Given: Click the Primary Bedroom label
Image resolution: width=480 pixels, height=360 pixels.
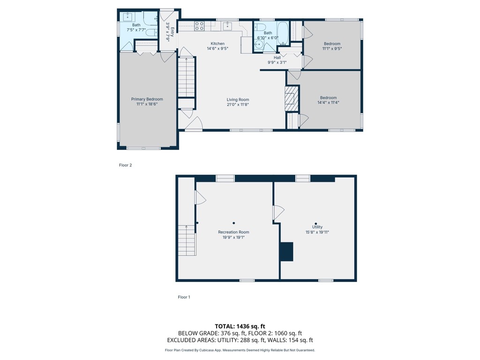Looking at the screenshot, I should (x=147, y=99).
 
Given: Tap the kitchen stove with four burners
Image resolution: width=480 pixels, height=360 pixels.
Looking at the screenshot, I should (x=199, y=26).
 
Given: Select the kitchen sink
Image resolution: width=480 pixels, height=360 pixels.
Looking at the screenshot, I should (x=228, y=25).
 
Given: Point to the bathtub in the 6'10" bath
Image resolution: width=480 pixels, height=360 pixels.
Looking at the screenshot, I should (x=283, y=31).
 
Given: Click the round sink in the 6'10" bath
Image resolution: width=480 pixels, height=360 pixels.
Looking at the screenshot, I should (x=259, y=45).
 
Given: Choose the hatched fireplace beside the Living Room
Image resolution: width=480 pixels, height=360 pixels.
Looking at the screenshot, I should (x=292, y=98).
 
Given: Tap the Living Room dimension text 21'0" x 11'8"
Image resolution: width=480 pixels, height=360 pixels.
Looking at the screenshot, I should (x=238, y=105).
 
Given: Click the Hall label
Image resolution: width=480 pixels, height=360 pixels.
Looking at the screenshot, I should (x=277, y=57).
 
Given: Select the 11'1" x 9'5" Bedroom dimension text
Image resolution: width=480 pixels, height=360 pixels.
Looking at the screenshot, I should (x=332, y=48).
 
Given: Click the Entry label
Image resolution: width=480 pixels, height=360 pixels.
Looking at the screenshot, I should (x=172, y=32).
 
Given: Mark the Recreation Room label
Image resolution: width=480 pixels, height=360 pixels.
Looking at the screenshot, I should (x=233, y=232).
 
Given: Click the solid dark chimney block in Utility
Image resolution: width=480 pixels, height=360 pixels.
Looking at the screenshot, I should (x=286, y=251).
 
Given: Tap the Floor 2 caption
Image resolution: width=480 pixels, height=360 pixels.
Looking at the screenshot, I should (x=125, y=165).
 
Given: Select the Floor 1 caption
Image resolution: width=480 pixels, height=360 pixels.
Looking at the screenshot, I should (x=184, y=297).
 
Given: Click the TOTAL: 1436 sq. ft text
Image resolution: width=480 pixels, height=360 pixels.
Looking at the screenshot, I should (x=240, y=326).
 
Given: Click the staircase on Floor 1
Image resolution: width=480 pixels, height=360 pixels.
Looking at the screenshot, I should (x=187, y=240).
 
